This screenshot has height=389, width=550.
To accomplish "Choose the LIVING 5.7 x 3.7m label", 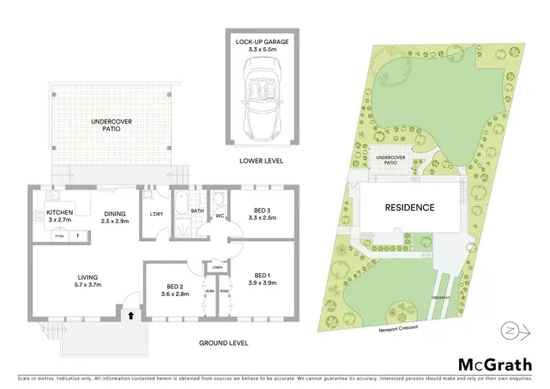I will click(x=87, y=280).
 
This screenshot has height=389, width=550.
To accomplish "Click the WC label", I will click(x=219, y=217).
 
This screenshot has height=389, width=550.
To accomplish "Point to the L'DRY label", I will click(x=155, y=214).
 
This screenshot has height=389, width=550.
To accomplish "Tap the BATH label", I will click(x=197, y=211).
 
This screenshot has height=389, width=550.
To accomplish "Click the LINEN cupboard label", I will click(x=217, y=267).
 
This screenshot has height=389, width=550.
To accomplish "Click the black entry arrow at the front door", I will click(x=131, y=316).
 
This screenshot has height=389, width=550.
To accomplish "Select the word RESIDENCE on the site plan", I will click(x=410, y=208).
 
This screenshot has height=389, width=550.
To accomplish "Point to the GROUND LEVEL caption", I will click(x=224, y=343).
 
